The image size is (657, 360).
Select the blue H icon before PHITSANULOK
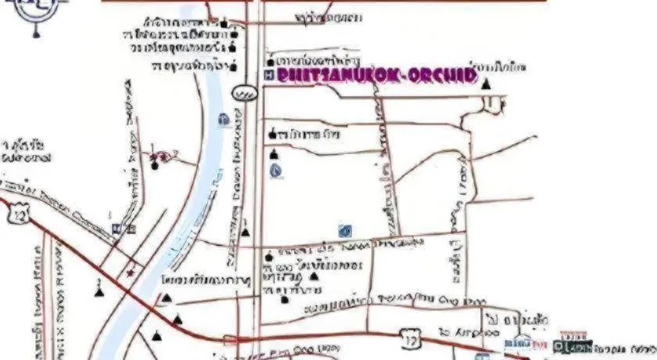[269, 75]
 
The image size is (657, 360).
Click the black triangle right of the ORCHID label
[486, 81]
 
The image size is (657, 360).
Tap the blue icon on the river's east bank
[223, 120]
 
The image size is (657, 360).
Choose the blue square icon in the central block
[345, 230]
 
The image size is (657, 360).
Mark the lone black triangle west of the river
[99, 291]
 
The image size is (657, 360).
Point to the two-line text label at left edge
[23, 149]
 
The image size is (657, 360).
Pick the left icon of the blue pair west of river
[116, 229]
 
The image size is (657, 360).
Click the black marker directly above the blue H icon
[271, 61]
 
